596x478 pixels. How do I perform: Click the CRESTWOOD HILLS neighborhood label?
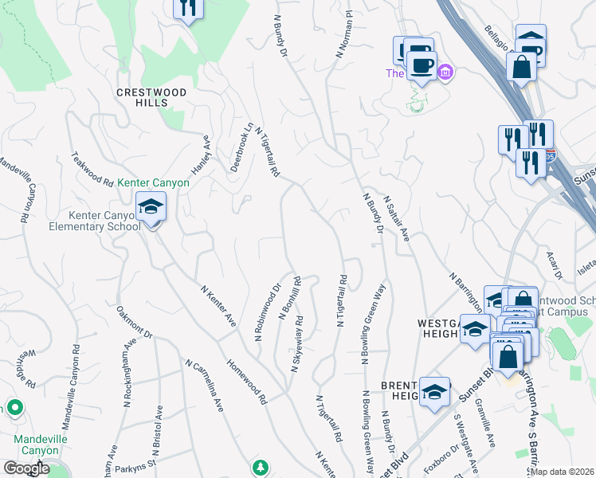click(x=151, y=97)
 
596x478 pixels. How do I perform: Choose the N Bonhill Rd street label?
click(x=289, y=298)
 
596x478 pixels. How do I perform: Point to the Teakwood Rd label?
click(x=92, y=169)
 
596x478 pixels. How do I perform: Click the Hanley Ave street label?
click(x=198, y=155)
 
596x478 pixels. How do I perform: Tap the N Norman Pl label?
click(x=343, y=34)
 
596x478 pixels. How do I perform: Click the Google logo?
click(x=25, y=468)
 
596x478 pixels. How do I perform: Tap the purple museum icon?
click(x=445, y=73)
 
